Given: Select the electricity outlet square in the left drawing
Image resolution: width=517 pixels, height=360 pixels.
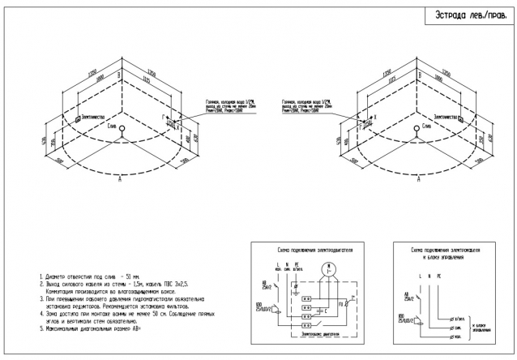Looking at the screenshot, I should tap(79, 118).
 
